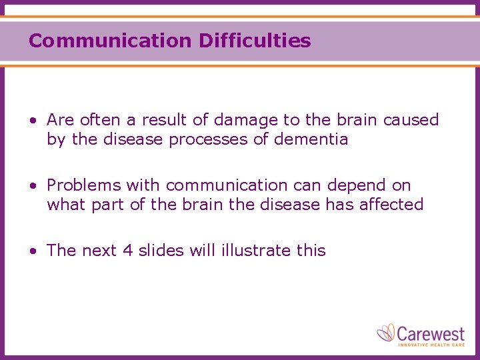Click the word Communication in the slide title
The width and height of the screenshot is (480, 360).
(110, 41)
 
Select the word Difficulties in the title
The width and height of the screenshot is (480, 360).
(255, 41)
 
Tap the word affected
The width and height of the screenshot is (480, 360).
(391, 204)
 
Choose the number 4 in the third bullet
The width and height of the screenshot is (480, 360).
(128, 251)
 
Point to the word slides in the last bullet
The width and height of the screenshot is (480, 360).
(161, 251)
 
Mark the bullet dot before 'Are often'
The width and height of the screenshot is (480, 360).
(33, 121)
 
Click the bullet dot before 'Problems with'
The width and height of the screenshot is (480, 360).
(33, 185)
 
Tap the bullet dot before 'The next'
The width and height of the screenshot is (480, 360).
(33, 251)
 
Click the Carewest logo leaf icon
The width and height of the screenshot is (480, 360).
(386, 332)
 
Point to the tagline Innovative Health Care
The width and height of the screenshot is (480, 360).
(432, 345)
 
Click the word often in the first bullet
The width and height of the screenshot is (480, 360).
(100, 120)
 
